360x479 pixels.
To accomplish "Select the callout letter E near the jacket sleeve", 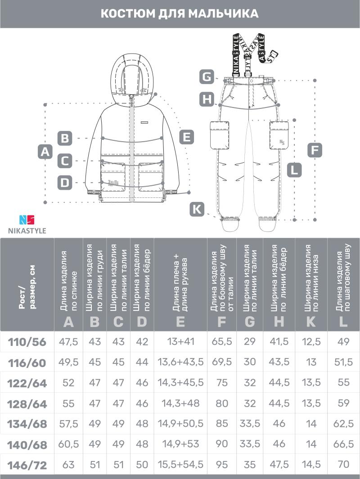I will coord(187,137).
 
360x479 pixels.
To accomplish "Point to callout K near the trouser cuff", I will coord(197,209).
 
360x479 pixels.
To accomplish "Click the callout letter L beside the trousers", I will coord(294,170).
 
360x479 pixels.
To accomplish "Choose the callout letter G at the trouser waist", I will coord(207,77).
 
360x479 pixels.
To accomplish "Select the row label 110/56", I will coord(27,342).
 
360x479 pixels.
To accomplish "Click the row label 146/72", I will coord(27,465).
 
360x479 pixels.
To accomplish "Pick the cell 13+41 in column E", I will coord(180,342).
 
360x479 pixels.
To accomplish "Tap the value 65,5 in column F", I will coord(222,342).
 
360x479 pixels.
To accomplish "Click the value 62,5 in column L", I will coord(344,424).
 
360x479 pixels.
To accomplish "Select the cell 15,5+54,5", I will coord(180,465).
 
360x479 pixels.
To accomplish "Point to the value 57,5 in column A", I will coord(69,424).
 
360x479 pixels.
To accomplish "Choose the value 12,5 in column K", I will coord(311,342).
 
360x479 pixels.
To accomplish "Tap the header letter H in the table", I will coord(279,322).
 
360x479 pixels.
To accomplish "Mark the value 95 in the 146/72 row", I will coord(222,465).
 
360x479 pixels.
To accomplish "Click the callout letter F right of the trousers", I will coord(315,150).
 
